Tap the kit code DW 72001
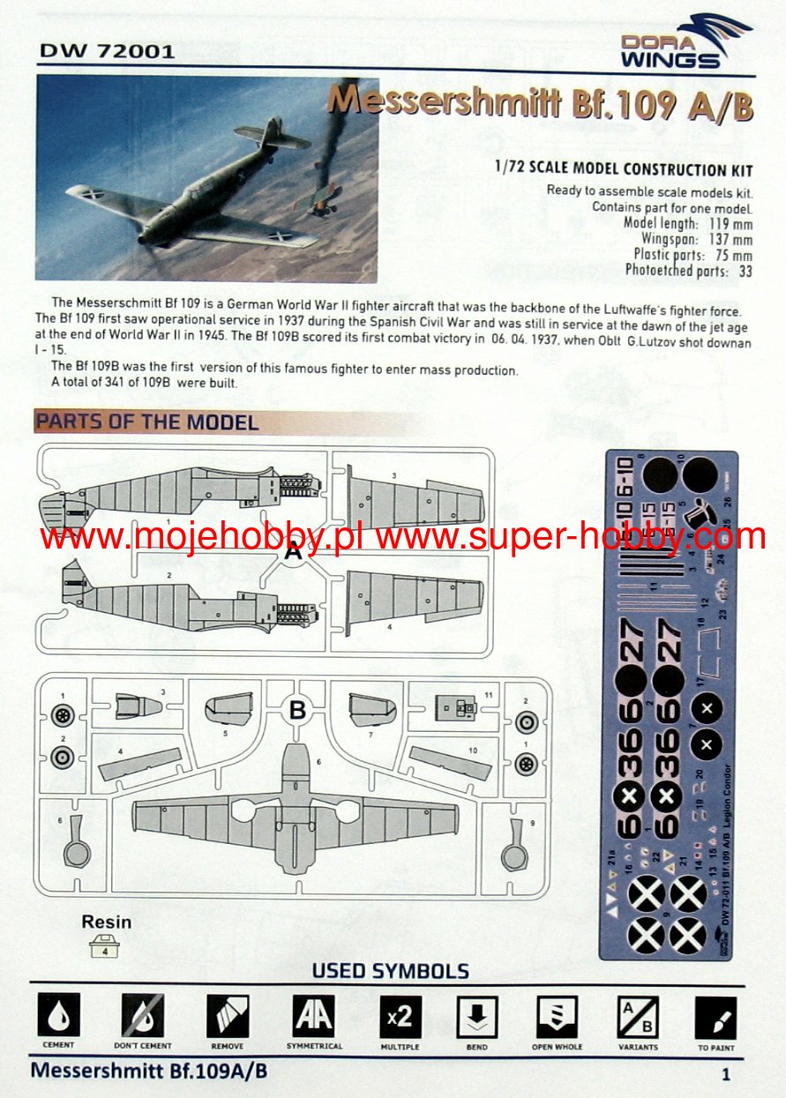point(107,51)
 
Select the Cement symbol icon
point(58,1016)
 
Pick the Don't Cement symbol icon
point(143,1016)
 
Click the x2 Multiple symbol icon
point(400,1016)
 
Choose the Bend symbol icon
point(477,1016)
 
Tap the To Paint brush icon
point(715,1016)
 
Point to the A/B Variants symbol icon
point(637,1016)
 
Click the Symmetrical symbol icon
point(313,1016)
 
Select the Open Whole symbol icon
point(557,1016)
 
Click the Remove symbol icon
point(228,1016)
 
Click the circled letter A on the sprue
point(294,553)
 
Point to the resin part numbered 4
point(106,949)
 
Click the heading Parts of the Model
point(146,422)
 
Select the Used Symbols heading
point(390,971)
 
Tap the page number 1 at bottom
point(725,1074)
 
